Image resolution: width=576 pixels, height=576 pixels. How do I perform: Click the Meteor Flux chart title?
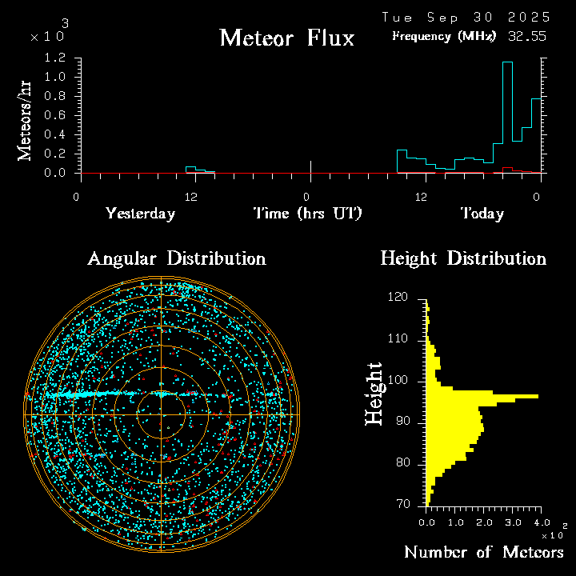click(x=286, y=38)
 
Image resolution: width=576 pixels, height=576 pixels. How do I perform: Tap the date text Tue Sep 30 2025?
click(x=466, y=17)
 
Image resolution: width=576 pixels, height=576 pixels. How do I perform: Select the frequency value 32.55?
click(x=526, y=36)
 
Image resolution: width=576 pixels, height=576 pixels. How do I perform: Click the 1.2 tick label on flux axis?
click(x=55, y=58)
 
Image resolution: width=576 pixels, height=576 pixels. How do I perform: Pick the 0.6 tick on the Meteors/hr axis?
click(x=55, y=115)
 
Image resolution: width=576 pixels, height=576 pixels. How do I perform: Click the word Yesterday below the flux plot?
click(x=140, y=214)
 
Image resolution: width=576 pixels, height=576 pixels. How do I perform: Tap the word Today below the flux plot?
click(x=482, y=214)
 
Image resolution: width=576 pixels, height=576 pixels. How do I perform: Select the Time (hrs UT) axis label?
click(x=308, y=214)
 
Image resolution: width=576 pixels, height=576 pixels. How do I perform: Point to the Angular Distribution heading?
click(x=176, y=258)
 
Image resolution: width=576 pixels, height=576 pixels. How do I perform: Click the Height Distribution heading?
click(x=463, y=258)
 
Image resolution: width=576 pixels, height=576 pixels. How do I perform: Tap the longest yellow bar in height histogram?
click(x=484, y=396)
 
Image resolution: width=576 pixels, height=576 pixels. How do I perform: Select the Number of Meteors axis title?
click(x=483, y=553)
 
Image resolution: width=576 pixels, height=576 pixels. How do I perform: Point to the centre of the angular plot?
click(x=162, y=414)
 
